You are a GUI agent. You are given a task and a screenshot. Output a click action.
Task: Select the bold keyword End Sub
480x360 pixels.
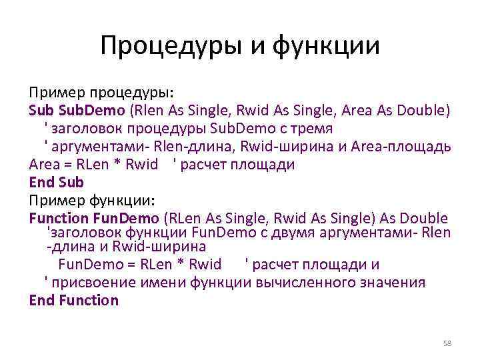click(57, 181)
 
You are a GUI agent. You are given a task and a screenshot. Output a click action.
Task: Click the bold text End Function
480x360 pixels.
click(74, 300)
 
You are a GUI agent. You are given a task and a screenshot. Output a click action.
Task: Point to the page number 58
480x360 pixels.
click(447, 343)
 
